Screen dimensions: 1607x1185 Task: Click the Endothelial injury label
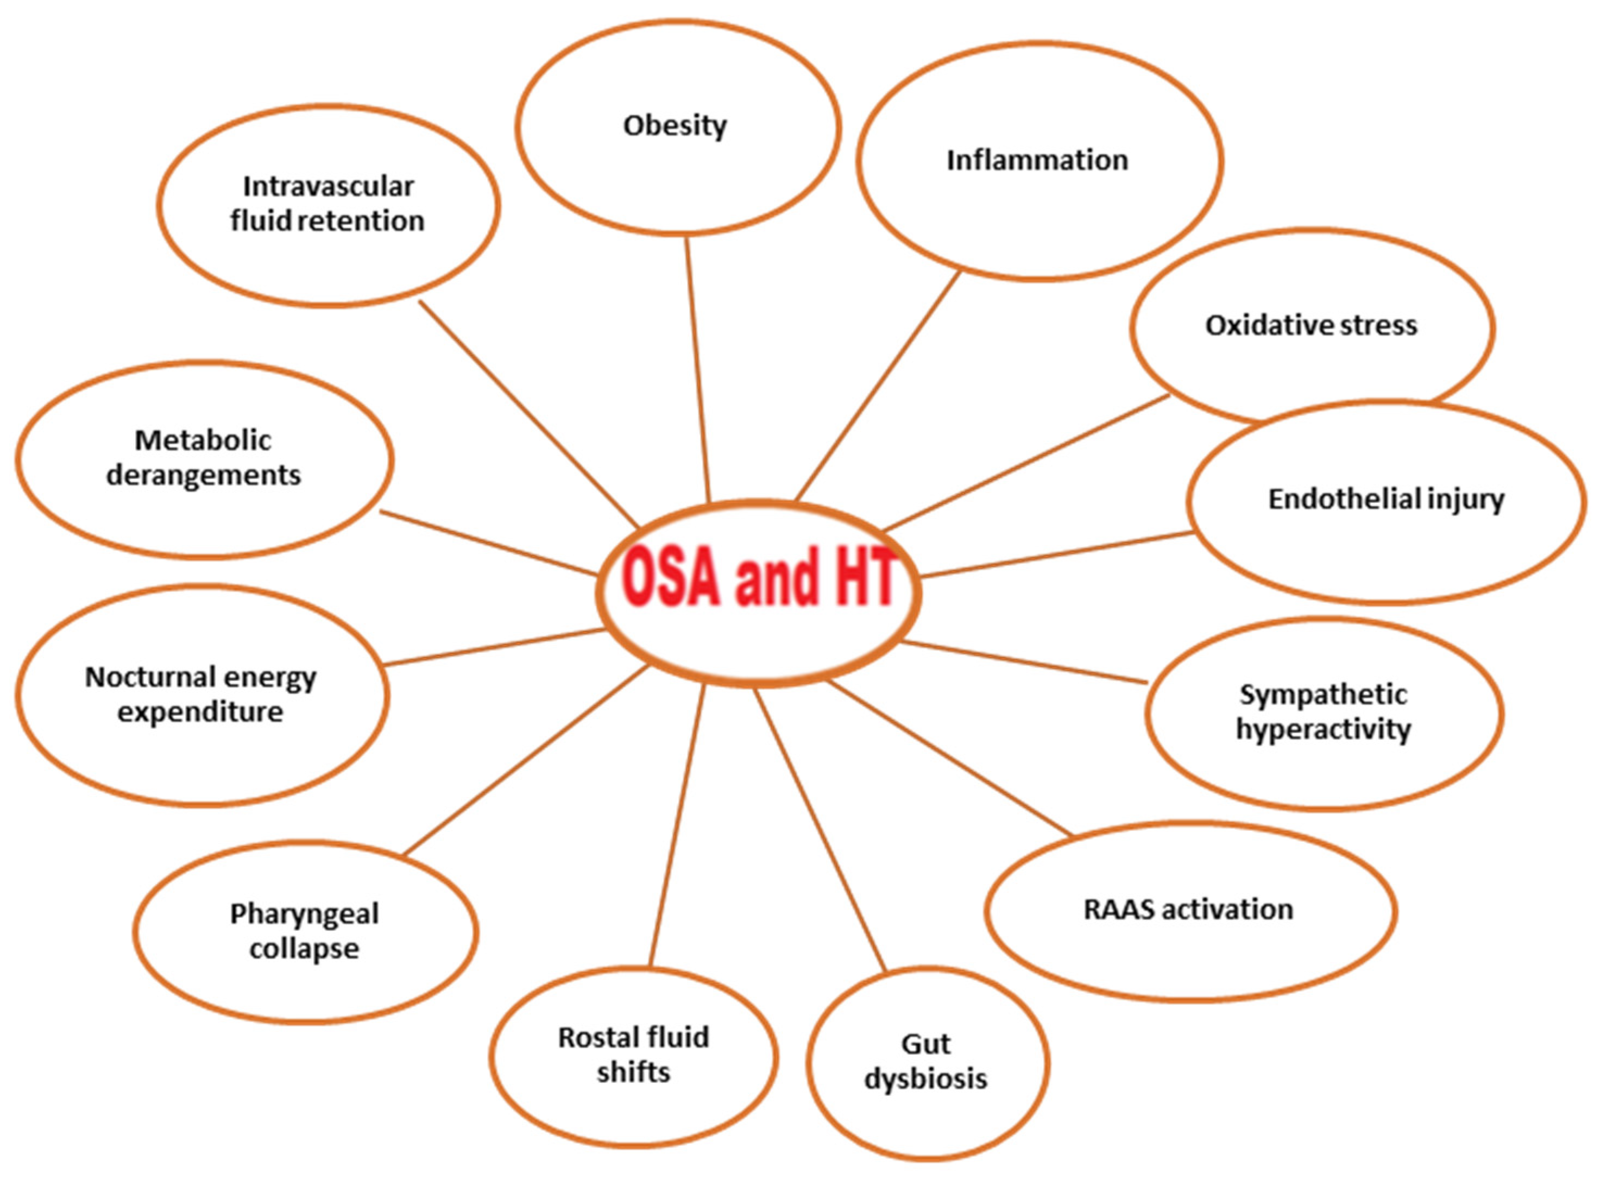(1386, 499)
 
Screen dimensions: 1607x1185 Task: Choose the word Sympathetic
(1324, 695)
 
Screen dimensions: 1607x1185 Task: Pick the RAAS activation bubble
(1190, 910)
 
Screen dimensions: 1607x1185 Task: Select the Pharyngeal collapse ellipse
(305, 932)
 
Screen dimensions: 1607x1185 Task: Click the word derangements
(204, 475)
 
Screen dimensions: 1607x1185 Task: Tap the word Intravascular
(329, 186)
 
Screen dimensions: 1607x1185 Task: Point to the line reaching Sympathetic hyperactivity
(1024, 662)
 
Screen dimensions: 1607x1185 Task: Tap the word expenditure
(200, 713)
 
